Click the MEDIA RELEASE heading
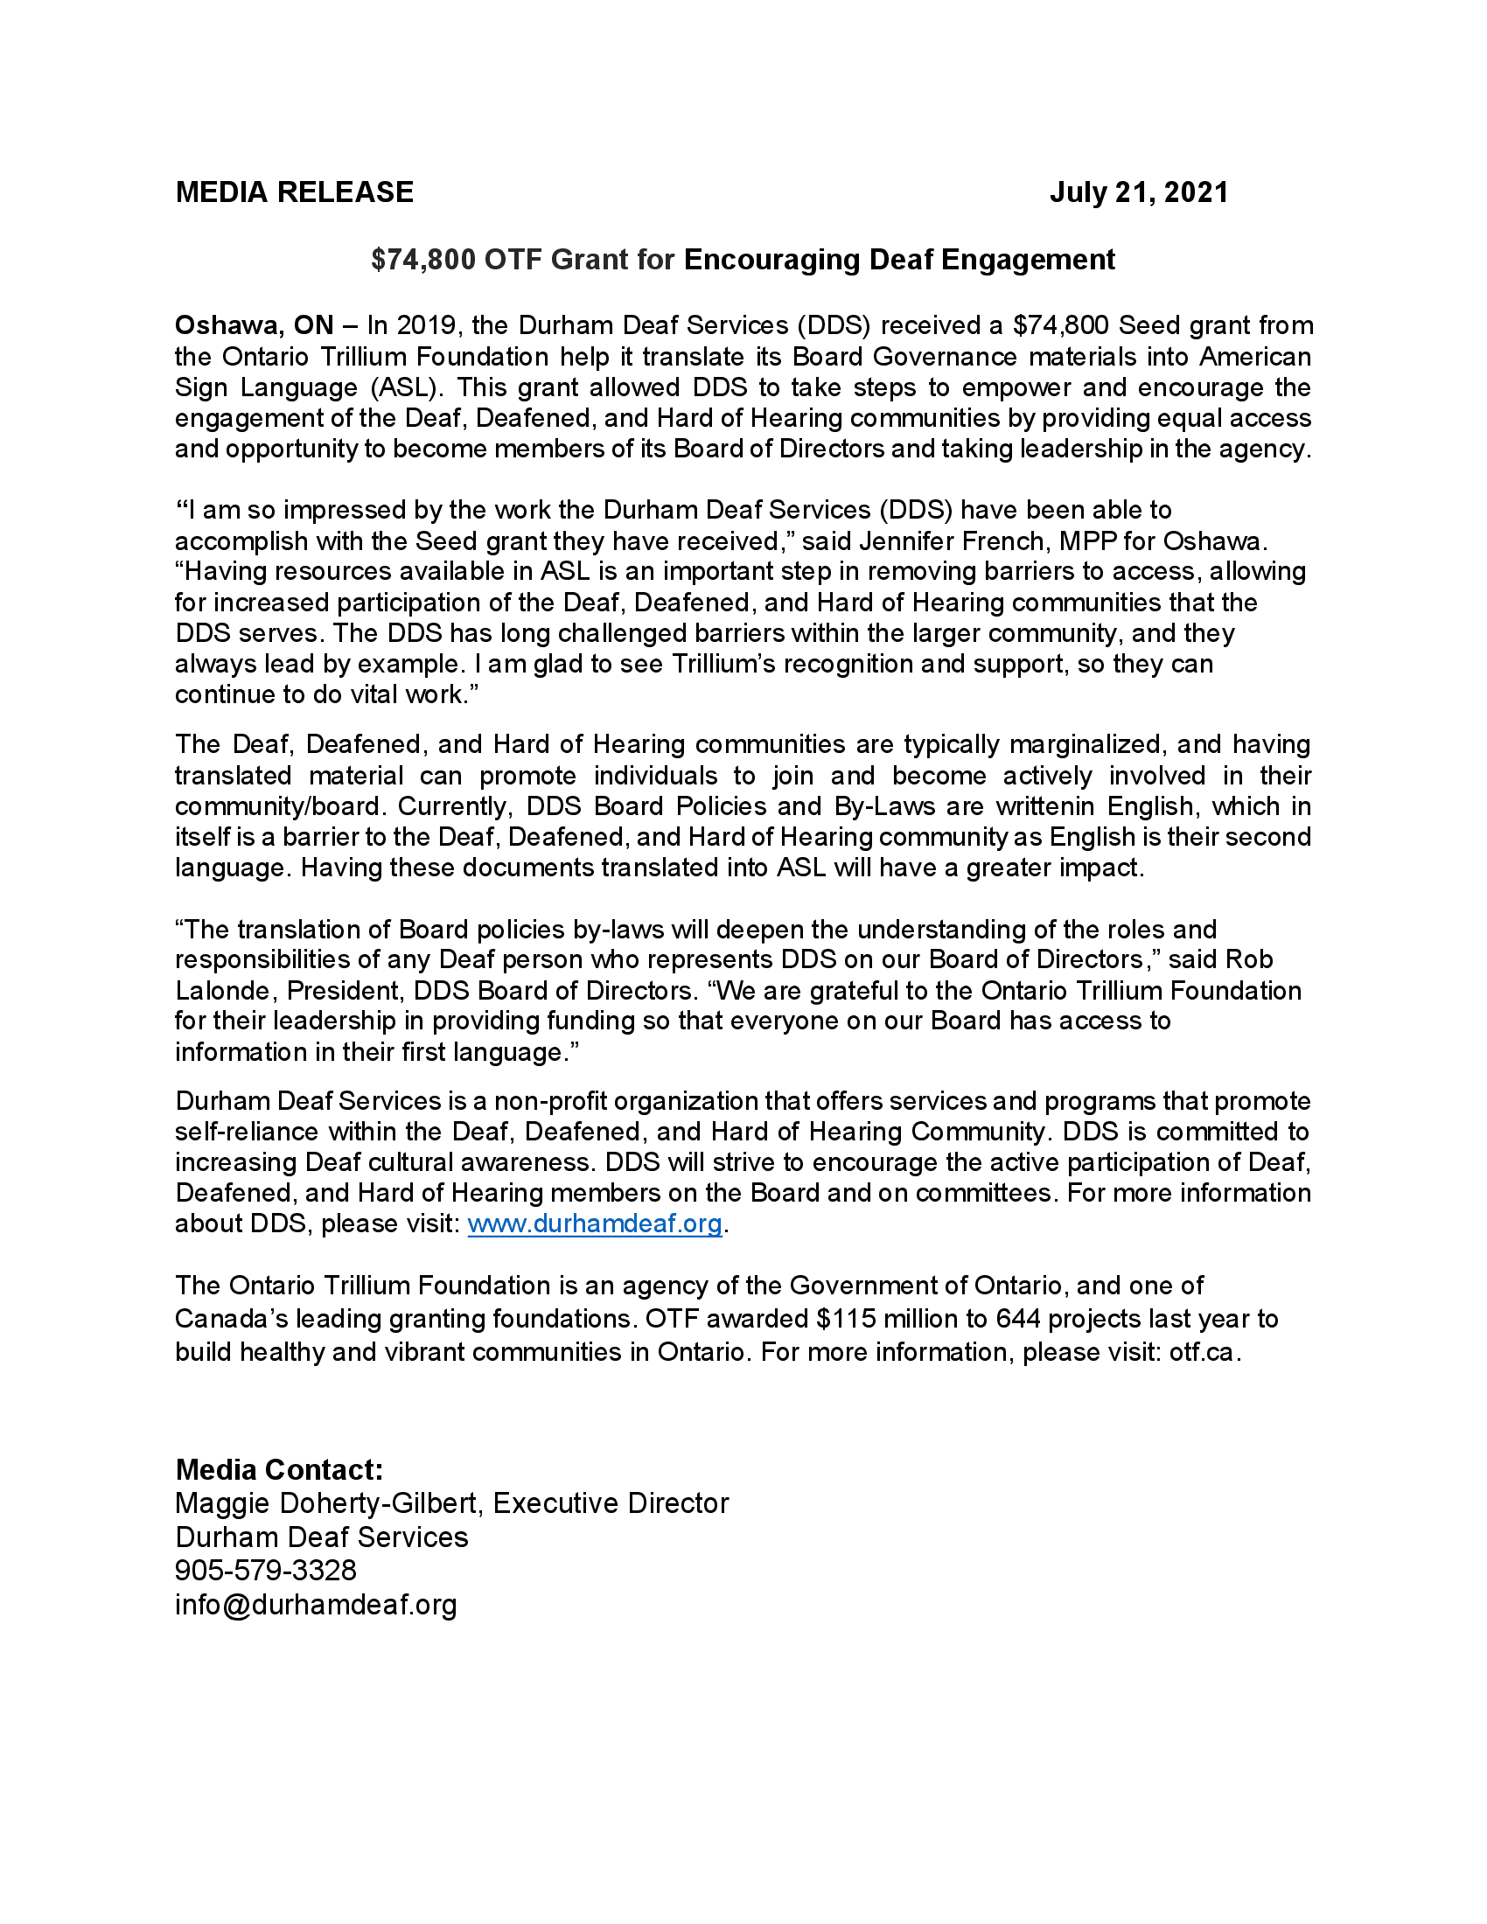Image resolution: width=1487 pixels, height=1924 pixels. pyautogui.click(x=294, y=192)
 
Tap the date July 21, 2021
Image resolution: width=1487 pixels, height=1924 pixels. pyautogui.click(x=1138, y=192)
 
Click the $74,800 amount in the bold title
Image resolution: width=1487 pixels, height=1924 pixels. pyautogui.click(x=422, y=260)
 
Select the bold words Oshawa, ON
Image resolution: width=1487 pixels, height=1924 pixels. pyautogui.click(x=254, y=326)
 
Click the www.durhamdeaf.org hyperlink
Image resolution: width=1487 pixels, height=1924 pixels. pyautogui.click(x=595, y=1223)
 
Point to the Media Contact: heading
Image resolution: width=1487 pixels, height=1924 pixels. pyautogui.click(x=279, y=1469)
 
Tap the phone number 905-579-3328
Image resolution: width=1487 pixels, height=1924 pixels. pyautogui.click(x=265, y=1570)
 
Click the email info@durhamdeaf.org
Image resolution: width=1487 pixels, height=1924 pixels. pyautogui.click(x=316, y=1604)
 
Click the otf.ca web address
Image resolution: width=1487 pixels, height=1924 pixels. pyautogui.click(x=1202, y=1352)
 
